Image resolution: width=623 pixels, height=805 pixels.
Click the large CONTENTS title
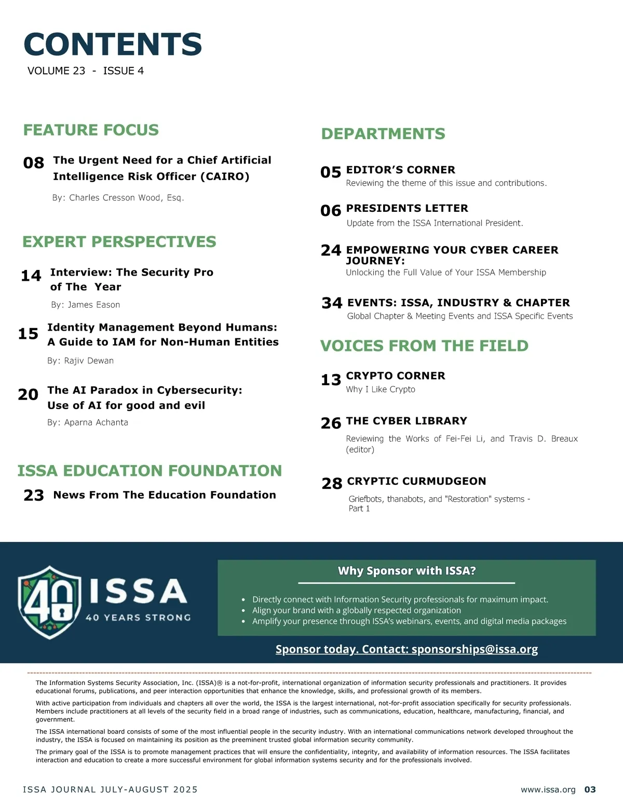click(x=113, y=44)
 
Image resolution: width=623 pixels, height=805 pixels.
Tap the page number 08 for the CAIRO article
click(x=34, y=163)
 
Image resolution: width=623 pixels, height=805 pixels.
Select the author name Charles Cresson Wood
click(x=118, y=198)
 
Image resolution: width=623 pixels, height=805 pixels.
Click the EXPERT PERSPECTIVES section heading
click(x=119, y=242)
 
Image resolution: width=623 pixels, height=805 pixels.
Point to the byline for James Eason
click(x=86, y=305)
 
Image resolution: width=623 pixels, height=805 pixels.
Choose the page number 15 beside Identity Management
click(x=28, y=334)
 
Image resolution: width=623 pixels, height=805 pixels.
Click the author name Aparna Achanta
click(x=88, y=422)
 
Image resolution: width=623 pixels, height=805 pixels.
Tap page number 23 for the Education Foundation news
click(x=34, y=495)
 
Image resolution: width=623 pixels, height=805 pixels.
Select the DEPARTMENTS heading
click(x=383, y=134)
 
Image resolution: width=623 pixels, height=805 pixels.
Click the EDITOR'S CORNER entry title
click(x=400, y=170)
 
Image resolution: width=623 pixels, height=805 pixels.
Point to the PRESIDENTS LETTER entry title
click(x=407, y=208)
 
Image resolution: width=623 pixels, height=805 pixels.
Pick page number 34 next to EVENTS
click(x=332, y=303)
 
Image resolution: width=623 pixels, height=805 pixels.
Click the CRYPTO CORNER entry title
click(x=396, y=376)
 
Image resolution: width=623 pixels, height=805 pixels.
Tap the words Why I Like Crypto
click(x=381, y=389)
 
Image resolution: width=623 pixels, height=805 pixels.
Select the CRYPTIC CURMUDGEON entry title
click(x=416, y=481)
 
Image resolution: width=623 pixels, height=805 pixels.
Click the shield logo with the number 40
click(x=49, y=602)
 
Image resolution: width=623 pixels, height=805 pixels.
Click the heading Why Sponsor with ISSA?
click(x=407, y=571)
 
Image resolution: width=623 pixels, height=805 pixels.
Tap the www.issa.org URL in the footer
click(x=548, y=789)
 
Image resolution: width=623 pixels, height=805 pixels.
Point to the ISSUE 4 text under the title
click(x=124, y=71)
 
